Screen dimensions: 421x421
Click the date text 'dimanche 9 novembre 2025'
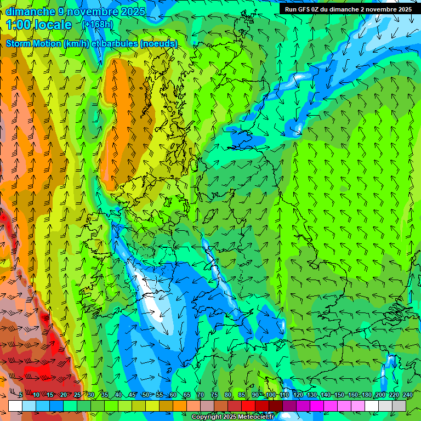(x=76, y=12)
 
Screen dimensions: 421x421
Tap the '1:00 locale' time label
(x=39, y=25)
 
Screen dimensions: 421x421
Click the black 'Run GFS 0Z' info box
(x=348, y=9)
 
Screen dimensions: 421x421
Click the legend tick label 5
(x=21, y=395)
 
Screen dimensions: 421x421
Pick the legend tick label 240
(x=407, y=395)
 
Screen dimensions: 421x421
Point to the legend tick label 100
(x=270, y=395)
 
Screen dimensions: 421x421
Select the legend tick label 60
(x=173, y=395)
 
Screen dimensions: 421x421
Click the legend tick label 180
(x=366, y=395)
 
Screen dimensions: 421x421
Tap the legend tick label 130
(x=311, y=395)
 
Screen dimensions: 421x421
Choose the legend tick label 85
(x=242, y=395)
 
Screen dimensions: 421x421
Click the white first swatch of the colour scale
(x=15, y=406)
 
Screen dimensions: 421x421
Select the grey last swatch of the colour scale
(x=399, y=406)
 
